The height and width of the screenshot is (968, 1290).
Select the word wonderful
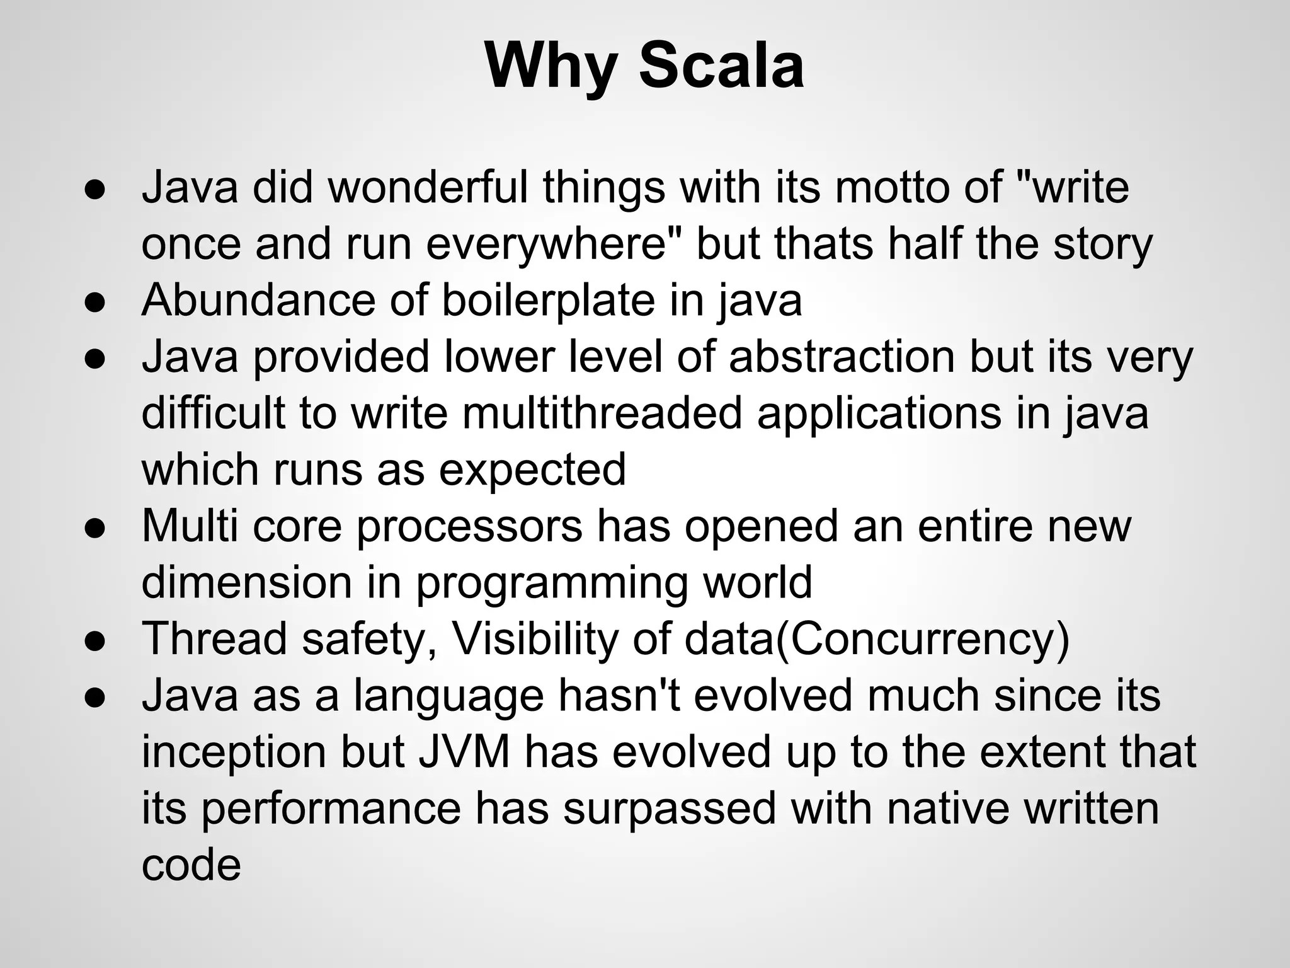[x=428, y=187]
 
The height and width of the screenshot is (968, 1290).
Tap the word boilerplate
[x=548, y=300]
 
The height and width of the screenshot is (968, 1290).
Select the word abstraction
[x=842, y=357]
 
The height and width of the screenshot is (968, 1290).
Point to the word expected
[x=532, y=470]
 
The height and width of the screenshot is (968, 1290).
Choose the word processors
[x=469, y=527]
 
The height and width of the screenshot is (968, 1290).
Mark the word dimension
[x=246, y=582]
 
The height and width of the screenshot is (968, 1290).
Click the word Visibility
[x=535, y=639]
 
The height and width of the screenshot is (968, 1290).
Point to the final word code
[x=191, y=865]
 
